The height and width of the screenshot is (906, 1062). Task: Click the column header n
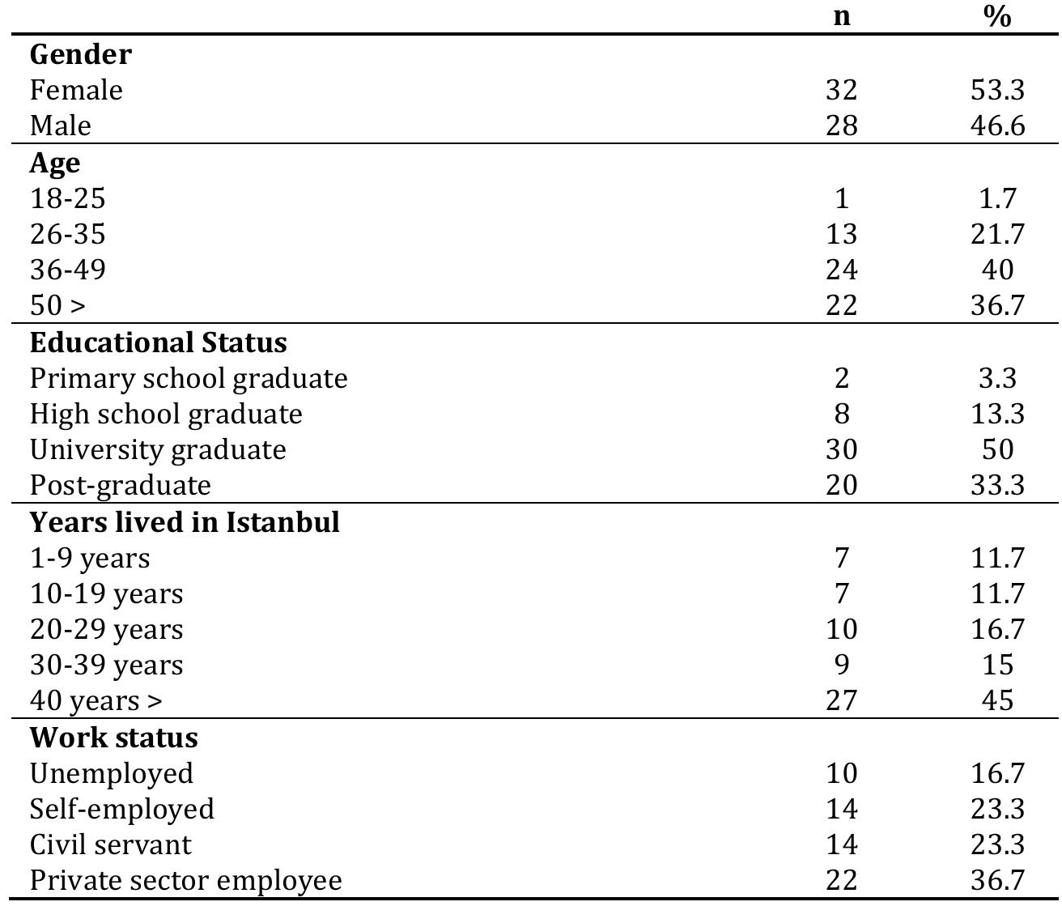[842, 16]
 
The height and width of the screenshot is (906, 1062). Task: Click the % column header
[997, 16]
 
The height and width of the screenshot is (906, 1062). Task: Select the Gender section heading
[80, 54]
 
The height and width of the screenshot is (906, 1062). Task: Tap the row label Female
[76, 90]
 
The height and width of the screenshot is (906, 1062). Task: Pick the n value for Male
[842, 125]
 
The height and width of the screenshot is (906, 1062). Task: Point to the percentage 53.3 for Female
[997, 90]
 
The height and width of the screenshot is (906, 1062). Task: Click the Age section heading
[55, 163]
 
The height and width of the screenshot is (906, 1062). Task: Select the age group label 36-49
[68, 270]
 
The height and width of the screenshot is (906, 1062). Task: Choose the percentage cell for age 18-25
[997, 198]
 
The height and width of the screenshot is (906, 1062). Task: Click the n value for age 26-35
[842, 234]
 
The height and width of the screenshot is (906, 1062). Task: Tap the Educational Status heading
[159, 342]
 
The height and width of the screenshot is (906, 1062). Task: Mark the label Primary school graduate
[189, 378]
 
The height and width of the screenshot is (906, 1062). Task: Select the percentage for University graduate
[997, 449]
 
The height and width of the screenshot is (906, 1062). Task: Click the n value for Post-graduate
[842, 485]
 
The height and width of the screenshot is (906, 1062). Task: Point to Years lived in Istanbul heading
[185, 522]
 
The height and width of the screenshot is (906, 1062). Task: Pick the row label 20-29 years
[107, 629]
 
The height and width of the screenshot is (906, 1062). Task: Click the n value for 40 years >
[842, 700]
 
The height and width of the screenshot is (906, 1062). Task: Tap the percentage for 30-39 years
[997, 665]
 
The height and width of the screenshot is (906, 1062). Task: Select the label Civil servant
[111, 844]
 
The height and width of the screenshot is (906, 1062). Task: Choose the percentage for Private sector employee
[997, 880]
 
